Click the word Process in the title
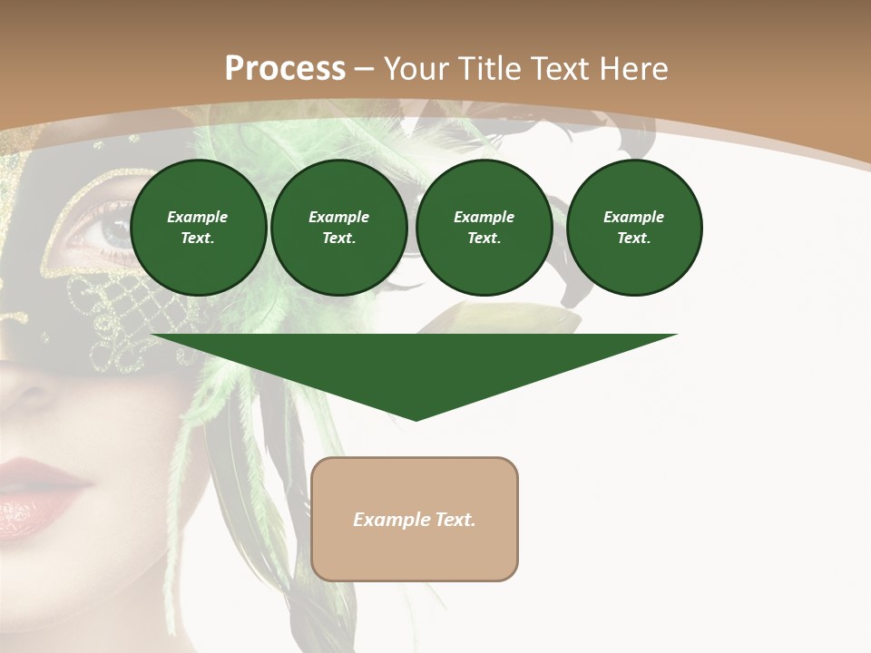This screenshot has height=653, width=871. (285, 69)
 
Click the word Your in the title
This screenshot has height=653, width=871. (416, 69)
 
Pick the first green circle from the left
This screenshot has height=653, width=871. (198, 228)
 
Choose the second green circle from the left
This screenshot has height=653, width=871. (338, 228)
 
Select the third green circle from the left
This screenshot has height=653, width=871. (484, 228)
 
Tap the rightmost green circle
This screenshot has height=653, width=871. (633, 228)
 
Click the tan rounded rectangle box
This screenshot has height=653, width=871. (415, 519)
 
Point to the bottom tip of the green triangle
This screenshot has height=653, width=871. (416, 419)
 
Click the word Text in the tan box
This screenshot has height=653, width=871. (455, 520)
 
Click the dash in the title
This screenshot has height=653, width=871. (364, 70)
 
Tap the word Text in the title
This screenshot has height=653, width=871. (558, 69)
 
